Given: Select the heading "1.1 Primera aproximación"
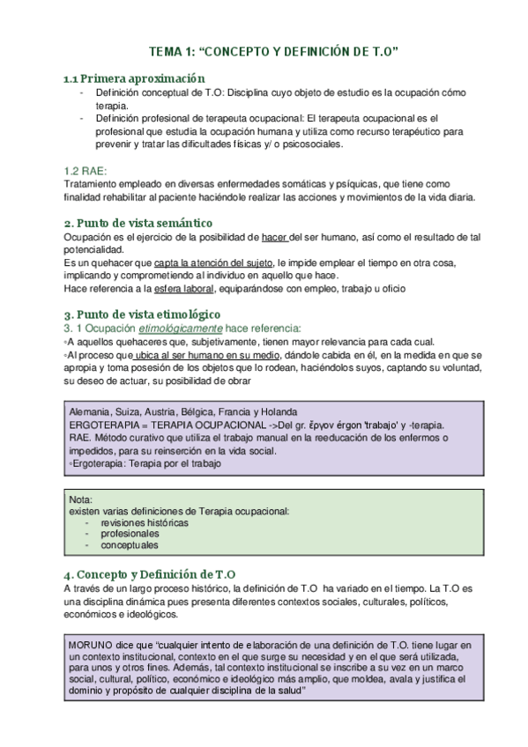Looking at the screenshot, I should click(130, 78).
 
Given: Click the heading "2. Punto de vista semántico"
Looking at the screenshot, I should click(139, 223).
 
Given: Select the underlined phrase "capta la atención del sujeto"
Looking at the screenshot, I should click(213, 263).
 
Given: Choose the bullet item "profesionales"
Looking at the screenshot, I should click(130, 534).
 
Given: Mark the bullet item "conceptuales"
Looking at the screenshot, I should click(130, 546).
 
